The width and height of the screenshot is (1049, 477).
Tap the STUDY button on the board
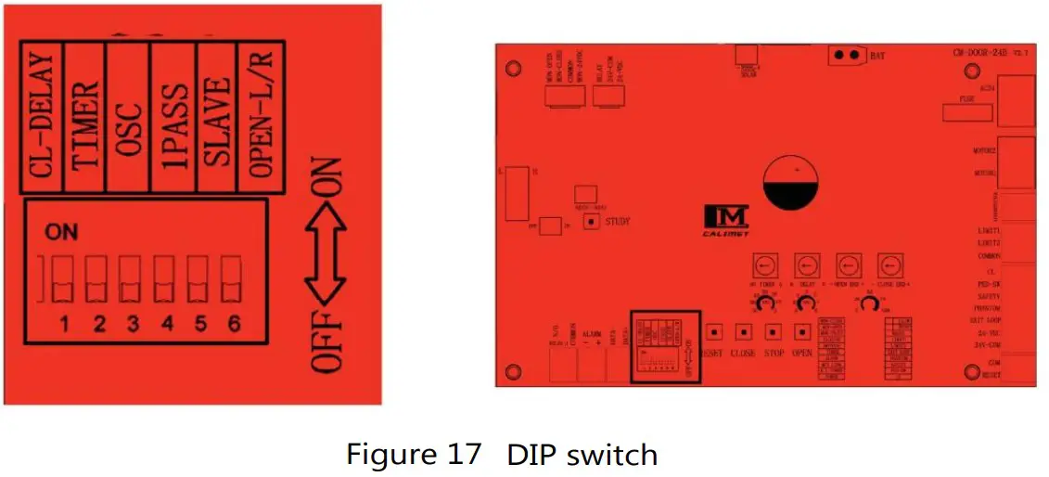coord(589,222)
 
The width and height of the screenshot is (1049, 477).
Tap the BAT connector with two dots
coord(846,55)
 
